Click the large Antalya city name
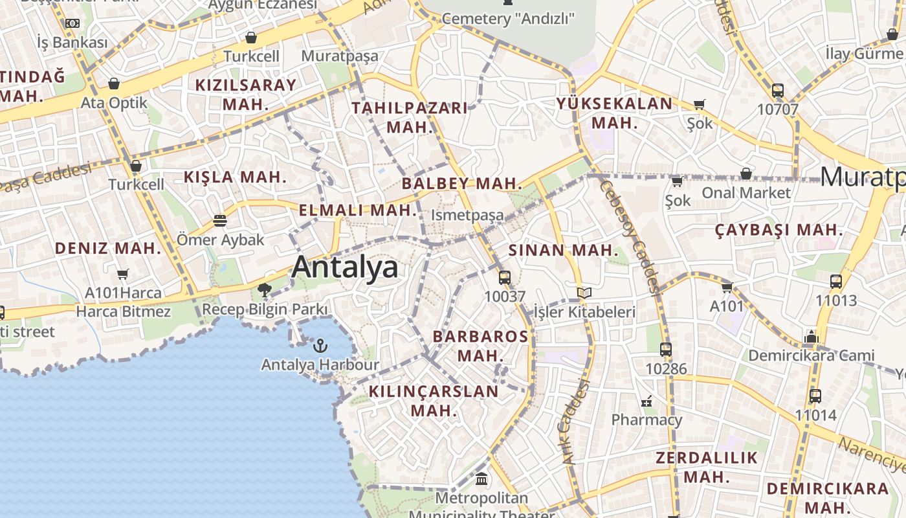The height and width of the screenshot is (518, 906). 344,267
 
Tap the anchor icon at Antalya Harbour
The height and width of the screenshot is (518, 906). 320,346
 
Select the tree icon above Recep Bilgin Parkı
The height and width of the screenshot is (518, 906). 264,290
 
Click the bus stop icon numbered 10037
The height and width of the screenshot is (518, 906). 505,278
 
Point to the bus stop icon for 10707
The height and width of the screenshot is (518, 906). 778,91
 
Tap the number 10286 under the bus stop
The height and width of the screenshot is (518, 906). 666,368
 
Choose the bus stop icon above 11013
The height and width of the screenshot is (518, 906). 836,282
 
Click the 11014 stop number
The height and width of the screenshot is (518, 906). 815,414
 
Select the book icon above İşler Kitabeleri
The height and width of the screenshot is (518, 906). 584,293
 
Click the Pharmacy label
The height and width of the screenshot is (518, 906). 646,420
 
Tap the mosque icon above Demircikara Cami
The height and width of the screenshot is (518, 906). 811,337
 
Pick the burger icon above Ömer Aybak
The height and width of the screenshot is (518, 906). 220,221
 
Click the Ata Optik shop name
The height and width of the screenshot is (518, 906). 114,103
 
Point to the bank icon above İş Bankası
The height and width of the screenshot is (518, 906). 72,23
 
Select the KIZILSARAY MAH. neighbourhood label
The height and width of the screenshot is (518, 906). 246,94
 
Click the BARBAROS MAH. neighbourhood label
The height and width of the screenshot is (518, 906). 480,346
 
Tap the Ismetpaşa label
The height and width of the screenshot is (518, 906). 467,215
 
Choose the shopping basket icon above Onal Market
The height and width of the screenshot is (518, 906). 746,174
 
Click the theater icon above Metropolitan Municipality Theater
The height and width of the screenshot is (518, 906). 481,479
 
